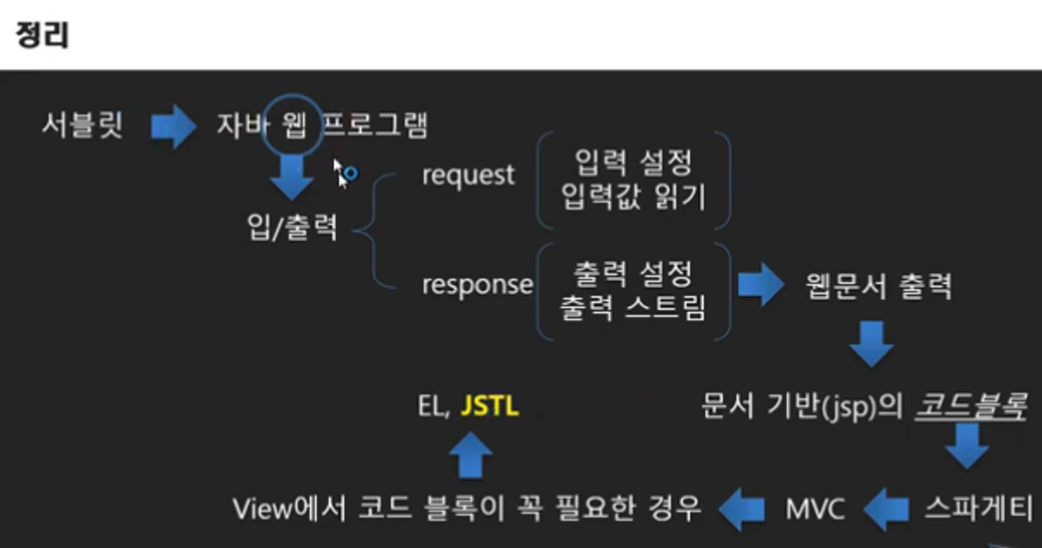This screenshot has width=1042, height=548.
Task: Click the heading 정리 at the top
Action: click(42, 35)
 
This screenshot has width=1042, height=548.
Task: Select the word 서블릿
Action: click(83, 127)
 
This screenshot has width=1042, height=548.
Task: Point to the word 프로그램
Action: click(375, 127)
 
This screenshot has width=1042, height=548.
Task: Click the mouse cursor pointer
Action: click(342, 171)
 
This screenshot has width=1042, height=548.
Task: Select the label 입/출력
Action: click(292, 227)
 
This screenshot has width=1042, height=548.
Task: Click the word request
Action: click(468, 175)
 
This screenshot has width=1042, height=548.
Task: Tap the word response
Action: click(477, 284)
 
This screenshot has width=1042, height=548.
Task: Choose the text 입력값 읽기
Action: click(633, 197)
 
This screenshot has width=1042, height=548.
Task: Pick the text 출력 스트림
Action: click(633, 307)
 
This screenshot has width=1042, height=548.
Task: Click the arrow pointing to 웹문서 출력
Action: click(760, 285)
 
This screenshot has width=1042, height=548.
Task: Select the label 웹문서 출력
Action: click(878, 285)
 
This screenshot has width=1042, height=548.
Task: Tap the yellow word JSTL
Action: click(490, 406)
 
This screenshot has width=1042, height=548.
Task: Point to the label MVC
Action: click(815, 509)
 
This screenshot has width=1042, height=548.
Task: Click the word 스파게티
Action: click(978, 509)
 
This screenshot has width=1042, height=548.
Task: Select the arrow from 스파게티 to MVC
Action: click(887, 510)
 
